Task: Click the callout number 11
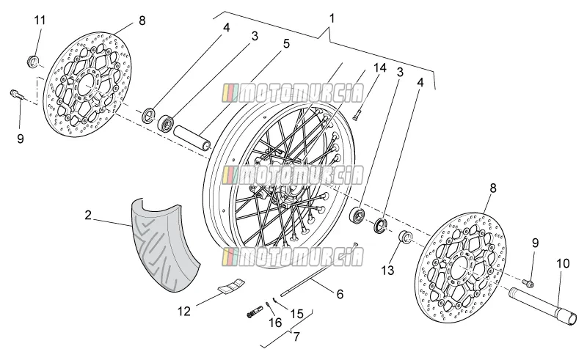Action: point(40,21)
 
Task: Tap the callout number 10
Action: point(563,263)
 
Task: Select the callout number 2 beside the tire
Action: point(88,215)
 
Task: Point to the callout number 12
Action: point(184,311)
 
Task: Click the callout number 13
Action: point(388,271)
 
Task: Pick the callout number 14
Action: point(379,67)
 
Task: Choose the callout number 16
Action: point(275,322)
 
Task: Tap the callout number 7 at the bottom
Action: point(296,337)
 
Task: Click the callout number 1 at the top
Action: point(332,18)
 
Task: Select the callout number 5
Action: point(286,44)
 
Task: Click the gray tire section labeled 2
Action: point(164,244)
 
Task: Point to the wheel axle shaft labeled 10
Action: point(540,306)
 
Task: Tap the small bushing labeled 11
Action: point(33,62)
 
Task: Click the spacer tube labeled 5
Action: point(192,137)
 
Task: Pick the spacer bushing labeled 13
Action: point(406,238)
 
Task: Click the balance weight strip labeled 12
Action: point(231,284)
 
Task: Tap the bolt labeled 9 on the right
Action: point(529,284)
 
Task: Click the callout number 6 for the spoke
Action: point(340,294)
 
